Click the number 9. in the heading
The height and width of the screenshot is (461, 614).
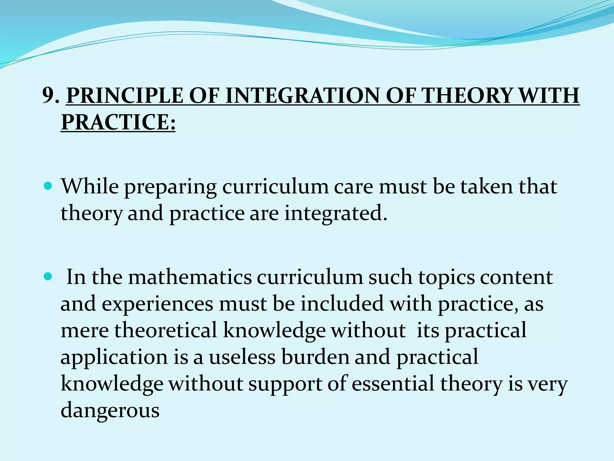tap(51, 96)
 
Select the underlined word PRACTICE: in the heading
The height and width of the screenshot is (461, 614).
tap(118, 122)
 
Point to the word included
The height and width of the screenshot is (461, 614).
tap(342, 304)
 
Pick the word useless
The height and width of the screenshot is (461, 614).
tap(242, 357)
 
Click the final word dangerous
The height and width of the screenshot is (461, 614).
tap(110, 411)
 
